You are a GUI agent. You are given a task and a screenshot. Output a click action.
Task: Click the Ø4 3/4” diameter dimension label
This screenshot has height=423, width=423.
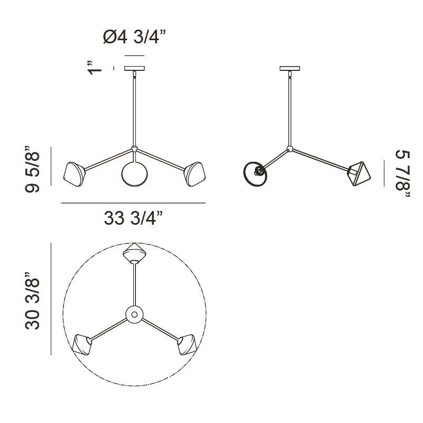tap(134, 36)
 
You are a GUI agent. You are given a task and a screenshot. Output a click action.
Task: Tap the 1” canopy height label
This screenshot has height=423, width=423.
tap(95, 68)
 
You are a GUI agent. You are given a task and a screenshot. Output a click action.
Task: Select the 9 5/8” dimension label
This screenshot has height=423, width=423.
tap(32, 169)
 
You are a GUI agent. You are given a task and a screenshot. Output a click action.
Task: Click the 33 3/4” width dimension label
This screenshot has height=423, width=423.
tap(134, 218)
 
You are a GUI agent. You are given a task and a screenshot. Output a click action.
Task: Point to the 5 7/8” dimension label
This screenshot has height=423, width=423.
tap(403, 174)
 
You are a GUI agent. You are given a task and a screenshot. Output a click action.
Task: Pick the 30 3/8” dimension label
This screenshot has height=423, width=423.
tap(32, 301)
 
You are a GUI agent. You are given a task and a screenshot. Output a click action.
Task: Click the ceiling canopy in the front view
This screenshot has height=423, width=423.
tap(134, 68)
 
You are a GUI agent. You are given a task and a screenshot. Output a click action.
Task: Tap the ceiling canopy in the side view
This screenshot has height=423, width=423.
tap(290, 68)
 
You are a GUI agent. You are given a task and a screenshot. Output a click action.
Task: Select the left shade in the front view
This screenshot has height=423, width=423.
tap(74, 174)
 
